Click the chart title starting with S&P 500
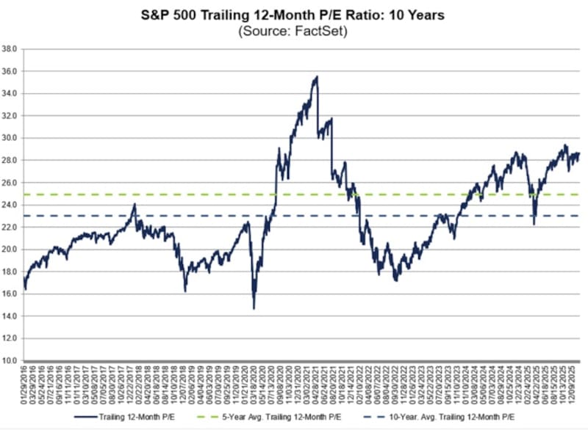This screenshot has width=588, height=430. click(293, 15)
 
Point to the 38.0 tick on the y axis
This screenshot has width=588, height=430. click(10, 49)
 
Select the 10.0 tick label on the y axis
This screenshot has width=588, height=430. click(10, 360)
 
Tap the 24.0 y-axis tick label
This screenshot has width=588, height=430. click(10, 205)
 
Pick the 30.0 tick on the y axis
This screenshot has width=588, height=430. click(10, 138)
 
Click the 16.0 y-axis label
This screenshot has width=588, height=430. click(10, 294)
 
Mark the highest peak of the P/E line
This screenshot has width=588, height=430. click(317, 77)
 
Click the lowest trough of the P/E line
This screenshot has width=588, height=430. click(254, 307)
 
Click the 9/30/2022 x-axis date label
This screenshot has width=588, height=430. click(396, 387)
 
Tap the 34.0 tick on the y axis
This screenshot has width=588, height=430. click(10, 94)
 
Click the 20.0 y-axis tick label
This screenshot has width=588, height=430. click(10, 249)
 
